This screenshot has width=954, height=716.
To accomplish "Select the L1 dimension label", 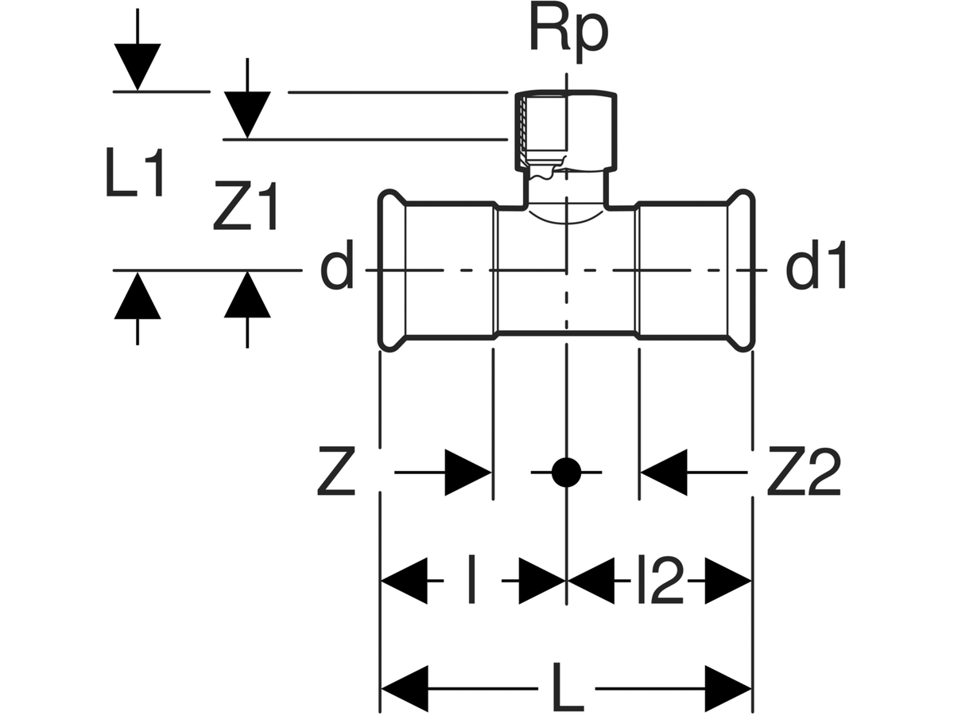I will (135, 177).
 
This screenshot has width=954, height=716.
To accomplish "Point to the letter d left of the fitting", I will (337, 270).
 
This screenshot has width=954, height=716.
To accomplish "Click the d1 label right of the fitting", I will (816, 270).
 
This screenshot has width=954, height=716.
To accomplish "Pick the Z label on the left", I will (336, 473).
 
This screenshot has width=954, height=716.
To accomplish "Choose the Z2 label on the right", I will (803, 473).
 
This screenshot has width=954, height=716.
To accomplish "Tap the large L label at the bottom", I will (566, 688).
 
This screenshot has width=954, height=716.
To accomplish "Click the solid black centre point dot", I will (566, 473).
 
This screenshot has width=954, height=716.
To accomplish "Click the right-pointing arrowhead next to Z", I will (467, 473).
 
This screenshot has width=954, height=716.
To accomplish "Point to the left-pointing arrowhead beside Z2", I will (665, 473).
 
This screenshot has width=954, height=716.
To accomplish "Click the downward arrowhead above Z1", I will (247, 115).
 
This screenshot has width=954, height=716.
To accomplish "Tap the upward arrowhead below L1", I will (138, 296).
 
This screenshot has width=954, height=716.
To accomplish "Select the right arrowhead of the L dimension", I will (727, 688).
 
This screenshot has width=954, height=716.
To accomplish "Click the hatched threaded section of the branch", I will (522, 131).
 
